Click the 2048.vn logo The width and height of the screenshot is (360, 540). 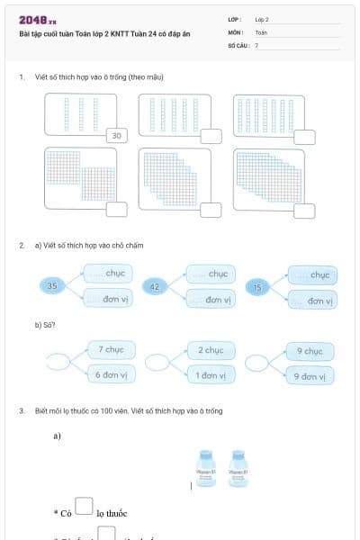[38, 20]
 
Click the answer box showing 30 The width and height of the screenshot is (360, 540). [117, 136]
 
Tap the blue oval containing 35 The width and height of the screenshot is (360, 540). [52, 286]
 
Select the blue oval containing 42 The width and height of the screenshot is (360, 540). [155, 287]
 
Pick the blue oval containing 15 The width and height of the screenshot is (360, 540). [258, 288]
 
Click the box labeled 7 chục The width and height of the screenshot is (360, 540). [111, 349]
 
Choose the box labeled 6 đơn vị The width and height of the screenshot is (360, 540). [111, 374]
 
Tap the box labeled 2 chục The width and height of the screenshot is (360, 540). [211, 350]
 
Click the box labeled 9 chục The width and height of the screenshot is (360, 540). [309, 351]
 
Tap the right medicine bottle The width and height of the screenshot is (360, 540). [238, 469]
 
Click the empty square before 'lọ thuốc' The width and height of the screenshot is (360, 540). [84, 507]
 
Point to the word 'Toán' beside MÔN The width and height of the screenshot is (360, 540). [261, 31]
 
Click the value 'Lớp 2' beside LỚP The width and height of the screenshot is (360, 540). [262, 19]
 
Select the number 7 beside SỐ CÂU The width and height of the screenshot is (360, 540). [256, 44]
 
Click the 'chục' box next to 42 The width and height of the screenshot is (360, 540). [211, 274]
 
